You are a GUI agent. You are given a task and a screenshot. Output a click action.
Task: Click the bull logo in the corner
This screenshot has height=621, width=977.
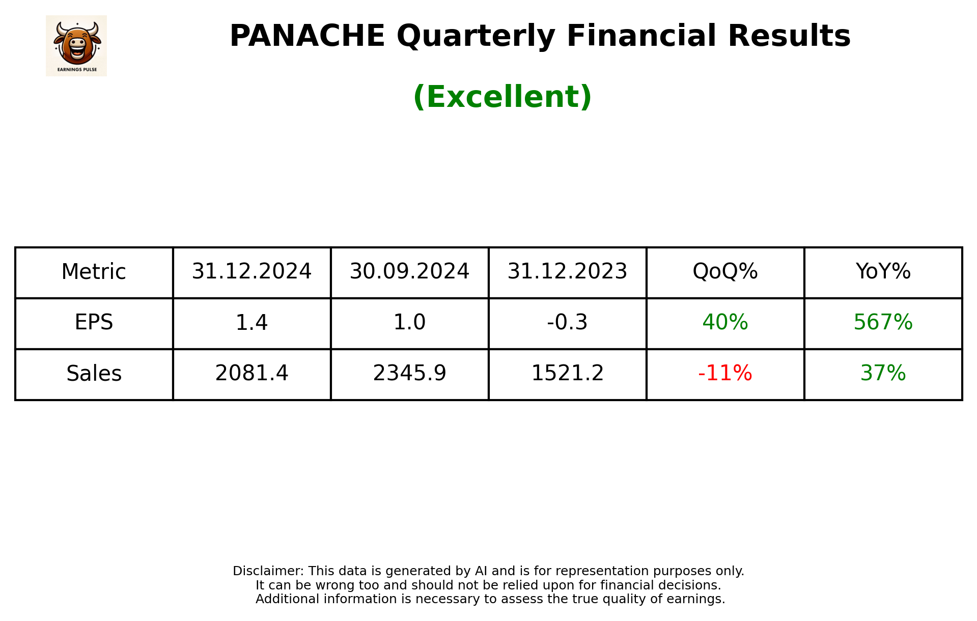point(76,45)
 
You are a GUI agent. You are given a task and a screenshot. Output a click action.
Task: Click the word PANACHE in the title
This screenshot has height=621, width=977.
point(307,36)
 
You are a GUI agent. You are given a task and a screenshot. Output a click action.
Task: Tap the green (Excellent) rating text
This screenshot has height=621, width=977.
point(502,97)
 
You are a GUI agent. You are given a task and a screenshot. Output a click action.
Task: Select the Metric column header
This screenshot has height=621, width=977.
point(94,272)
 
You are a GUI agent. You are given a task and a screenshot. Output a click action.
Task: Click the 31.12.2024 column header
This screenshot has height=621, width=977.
point(252,272)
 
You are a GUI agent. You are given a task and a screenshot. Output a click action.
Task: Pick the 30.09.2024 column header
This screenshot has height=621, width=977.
point(409,272)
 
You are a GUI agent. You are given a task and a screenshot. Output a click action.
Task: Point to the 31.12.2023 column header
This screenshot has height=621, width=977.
point(567,272)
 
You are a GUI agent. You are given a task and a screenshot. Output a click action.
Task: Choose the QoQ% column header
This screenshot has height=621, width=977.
point(725,272)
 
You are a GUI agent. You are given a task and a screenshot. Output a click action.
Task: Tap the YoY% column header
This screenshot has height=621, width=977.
point(883,272)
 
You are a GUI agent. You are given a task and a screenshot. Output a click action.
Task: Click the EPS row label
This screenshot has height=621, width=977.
point(94,323)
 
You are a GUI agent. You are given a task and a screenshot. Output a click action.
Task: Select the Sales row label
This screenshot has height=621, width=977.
point(94,374)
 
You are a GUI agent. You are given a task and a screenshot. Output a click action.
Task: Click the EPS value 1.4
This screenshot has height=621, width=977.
point(252,323)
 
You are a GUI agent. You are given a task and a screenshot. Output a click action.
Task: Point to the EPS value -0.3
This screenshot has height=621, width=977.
point(567,323)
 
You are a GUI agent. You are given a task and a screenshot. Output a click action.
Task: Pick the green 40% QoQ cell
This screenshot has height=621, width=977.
point(725,323)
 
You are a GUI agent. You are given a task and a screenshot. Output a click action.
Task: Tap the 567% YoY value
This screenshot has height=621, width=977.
point(883,323)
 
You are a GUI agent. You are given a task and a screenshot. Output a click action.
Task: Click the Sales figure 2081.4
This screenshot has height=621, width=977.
point(252,374)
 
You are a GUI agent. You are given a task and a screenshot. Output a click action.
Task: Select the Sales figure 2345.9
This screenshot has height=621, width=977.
point(409,374)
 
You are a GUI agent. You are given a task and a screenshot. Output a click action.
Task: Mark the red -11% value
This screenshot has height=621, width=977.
point(725,374)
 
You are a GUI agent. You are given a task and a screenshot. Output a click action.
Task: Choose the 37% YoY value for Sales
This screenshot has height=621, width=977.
point(883,374)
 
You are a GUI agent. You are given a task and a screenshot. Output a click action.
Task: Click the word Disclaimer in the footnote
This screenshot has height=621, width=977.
point(268,571)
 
